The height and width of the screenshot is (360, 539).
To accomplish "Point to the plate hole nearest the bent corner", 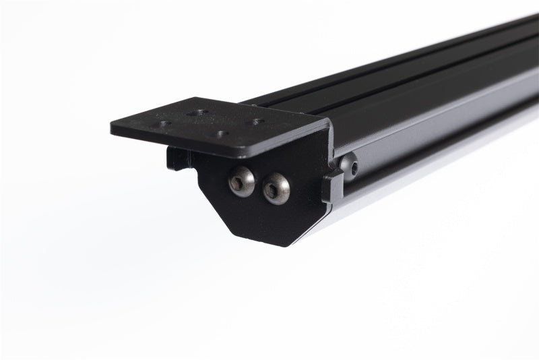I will coord(257,123).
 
